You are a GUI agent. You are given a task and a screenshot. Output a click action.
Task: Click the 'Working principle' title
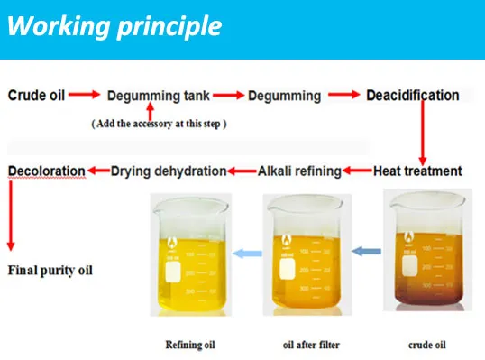(114, 26)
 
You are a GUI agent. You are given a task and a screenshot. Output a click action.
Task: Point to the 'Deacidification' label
(412, 95)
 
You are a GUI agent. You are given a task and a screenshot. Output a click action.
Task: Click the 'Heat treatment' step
(418, 170)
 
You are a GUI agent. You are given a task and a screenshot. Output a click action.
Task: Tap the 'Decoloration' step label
(47, 170)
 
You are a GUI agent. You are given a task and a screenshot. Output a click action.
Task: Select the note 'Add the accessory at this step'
(158, 124)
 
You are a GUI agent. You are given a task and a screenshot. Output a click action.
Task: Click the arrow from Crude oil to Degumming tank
(83, 95)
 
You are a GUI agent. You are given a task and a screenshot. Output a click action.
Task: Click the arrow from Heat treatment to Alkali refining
(358, 170)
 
